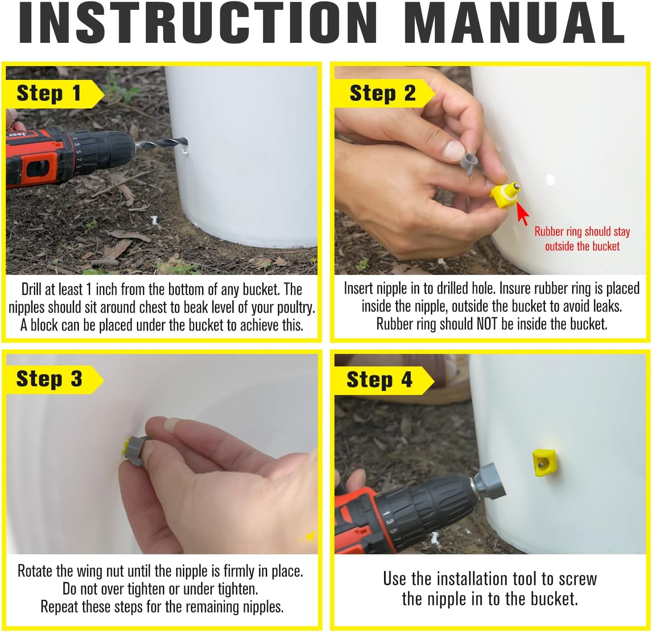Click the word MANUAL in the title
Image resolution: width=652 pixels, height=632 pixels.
(x=514, y=23)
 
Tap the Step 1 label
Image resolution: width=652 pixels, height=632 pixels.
(x=49, y=94)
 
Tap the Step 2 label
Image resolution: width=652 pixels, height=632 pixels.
(x=382, y=94)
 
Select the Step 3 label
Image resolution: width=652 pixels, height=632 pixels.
(x=49, y=379)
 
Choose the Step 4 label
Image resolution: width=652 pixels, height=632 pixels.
(x=379, y=380)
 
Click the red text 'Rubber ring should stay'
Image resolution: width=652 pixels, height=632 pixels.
(x=582, y=232)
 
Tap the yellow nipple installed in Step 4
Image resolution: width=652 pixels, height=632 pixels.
(x=545, y=462)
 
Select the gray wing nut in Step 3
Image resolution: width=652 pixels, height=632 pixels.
(x=136, y=452)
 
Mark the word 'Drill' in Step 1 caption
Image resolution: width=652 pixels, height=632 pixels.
(x=33, y=290)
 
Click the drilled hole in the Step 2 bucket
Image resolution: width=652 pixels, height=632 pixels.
(x=550, y=179)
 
